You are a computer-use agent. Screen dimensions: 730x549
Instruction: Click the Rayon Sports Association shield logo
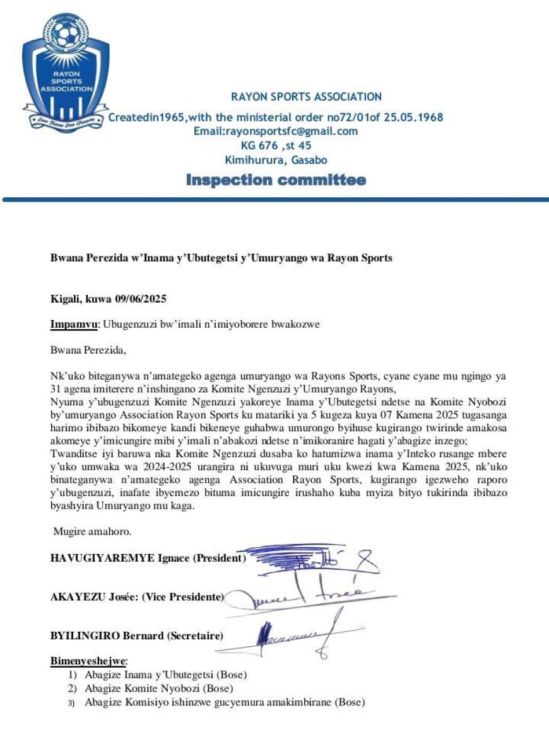(66, 72)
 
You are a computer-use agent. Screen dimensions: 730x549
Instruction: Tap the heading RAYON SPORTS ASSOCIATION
(306, 97)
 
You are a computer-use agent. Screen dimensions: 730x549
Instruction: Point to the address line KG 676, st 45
(276, 146)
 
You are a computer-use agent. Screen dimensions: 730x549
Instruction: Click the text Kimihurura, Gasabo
(276, 160)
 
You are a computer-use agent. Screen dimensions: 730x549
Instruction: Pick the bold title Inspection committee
(276, 180)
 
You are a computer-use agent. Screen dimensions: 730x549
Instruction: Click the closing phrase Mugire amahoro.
(92, 531)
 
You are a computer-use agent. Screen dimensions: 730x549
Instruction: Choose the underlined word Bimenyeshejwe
(88, 661)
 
